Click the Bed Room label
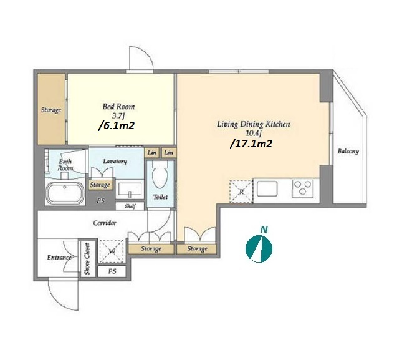pos(118,107)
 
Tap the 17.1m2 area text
pos(251,144)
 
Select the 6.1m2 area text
pos(116,125)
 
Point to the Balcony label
pos(348,152)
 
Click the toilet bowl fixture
pos(160,175)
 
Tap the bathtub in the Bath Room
pos(65,193)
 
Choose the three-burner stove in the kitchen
pos(303,188)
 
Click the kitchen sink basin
pos(267,188)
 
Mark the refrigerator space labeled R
pos(241,192)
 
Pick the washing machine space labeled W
pos(112,251)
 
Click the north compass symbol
pos(259,248)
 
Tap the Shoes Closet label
pos(87,259)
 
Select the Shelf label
pos(130,206)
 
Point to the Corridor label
pos(105,223)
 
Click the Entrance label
pos(59,258)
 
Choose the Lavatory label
pos(115,162)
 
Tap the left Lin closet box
pos(152,153)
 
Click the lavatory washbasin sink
pos(130,190)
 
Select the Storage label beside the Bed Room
pos(51,110)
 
